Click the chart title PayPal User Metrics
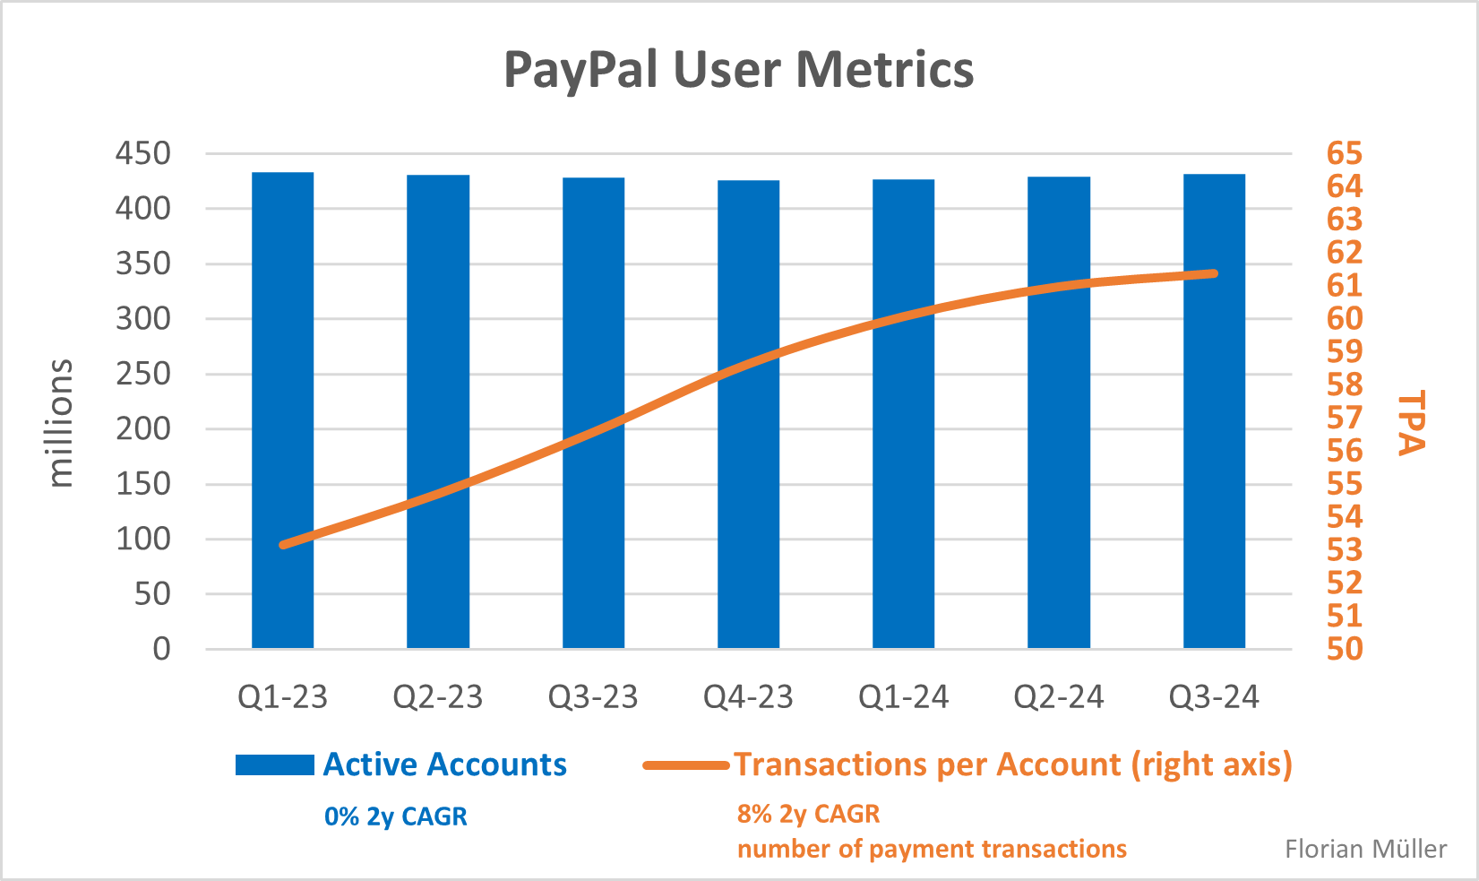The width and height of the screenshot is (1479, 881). coord(738,70)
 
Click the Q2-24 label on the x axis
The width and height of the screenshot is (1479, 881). coord(1058,697)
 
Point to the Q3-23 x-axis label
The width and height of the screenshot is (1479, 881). coord(593,697)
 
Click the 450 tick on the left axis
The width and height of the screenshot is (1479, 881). coord(142,153)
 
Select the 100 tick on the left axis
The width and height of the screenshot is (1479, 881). coord(142,539)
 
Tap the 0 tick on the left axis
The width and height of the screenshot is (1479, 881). coord(161,648)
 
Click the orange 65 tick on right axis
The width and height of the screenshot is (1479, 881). coord(1344,153)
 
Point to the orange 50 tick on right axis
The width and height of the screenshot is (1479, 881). coord(1344,648)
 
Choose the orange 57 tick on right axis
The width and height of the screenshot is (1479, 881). coord(1344,418)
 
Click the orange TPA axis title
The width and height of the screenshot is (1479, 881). coord(1411,422)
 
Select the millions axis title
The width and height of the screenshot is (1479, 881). coord(60,422)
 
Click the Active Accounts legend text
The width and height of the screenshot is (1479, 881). coord(444,764)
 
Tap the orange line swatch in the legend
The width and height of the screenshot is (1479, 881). coord(685,765)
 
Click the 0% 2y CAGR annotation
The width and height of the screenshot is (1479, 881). coord(395,816)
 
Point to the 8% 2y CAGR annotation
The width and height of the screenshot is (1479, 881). coord(808,814)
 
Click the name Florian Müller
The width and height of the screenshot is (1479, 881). coord(1365,849)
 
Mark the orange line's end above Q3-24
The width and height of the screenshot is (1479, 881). coord(1213,273)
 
